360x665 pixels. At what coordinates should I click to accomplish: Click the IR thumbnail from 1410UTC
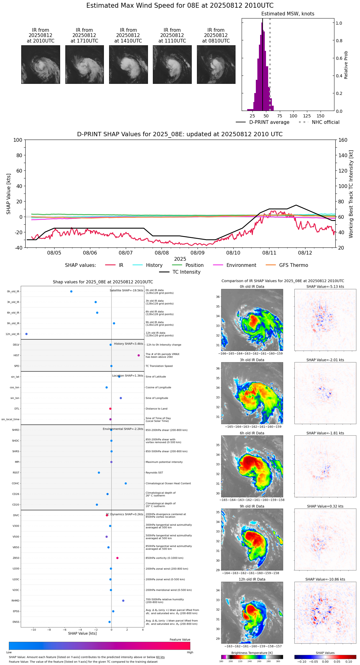(128, 64)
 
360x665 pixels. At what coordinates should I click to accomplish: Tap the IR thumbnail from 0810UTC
(216, 64)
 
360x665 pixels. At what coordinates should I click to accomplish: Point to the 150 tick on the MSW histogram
(321, 116)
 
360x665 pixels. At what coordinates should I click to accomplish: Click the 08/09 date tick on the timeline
(198, 253)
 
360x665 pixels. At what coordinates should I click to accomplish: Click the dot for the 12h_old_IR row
(27, 334)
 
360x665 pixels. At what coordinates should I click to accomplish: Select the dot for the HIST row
(139, 355)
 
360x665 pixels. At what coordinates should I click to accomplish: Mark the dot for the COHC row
(126, 483)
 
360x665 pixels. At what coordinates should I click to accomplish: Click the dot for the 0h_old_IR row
(71, 292)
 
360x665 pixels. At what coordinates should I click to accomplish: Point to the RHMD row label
(15, 601)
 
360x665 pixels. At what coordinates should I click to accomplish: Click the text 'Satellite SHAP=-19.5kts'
(126, 291)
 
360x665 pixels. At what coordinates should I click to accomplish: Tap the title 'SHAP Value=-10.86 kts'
(325, 579)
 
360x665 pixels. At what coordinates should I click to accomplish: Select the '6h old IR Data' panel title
(252, 433)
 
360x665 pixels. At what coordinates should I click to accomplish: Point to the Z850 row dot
(117, 558)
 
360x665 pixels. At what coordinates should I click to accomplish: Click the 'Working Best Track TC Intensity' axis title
(351, 194)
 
